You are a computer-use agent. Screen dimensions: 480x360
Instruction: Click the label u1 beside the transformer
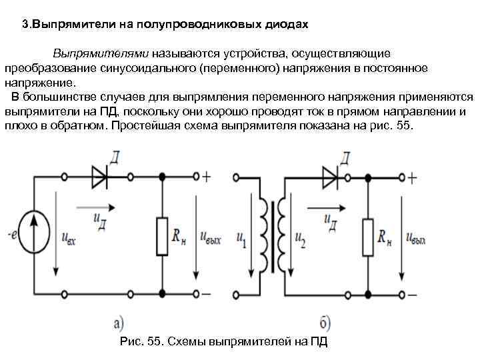(x=241, y=237)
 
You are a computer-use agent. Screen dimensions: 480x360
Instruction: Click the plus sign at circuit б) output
(x=413, y=177)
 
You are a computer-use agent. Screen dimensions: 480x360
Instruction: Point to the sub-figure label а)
(x=119, y=324)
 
